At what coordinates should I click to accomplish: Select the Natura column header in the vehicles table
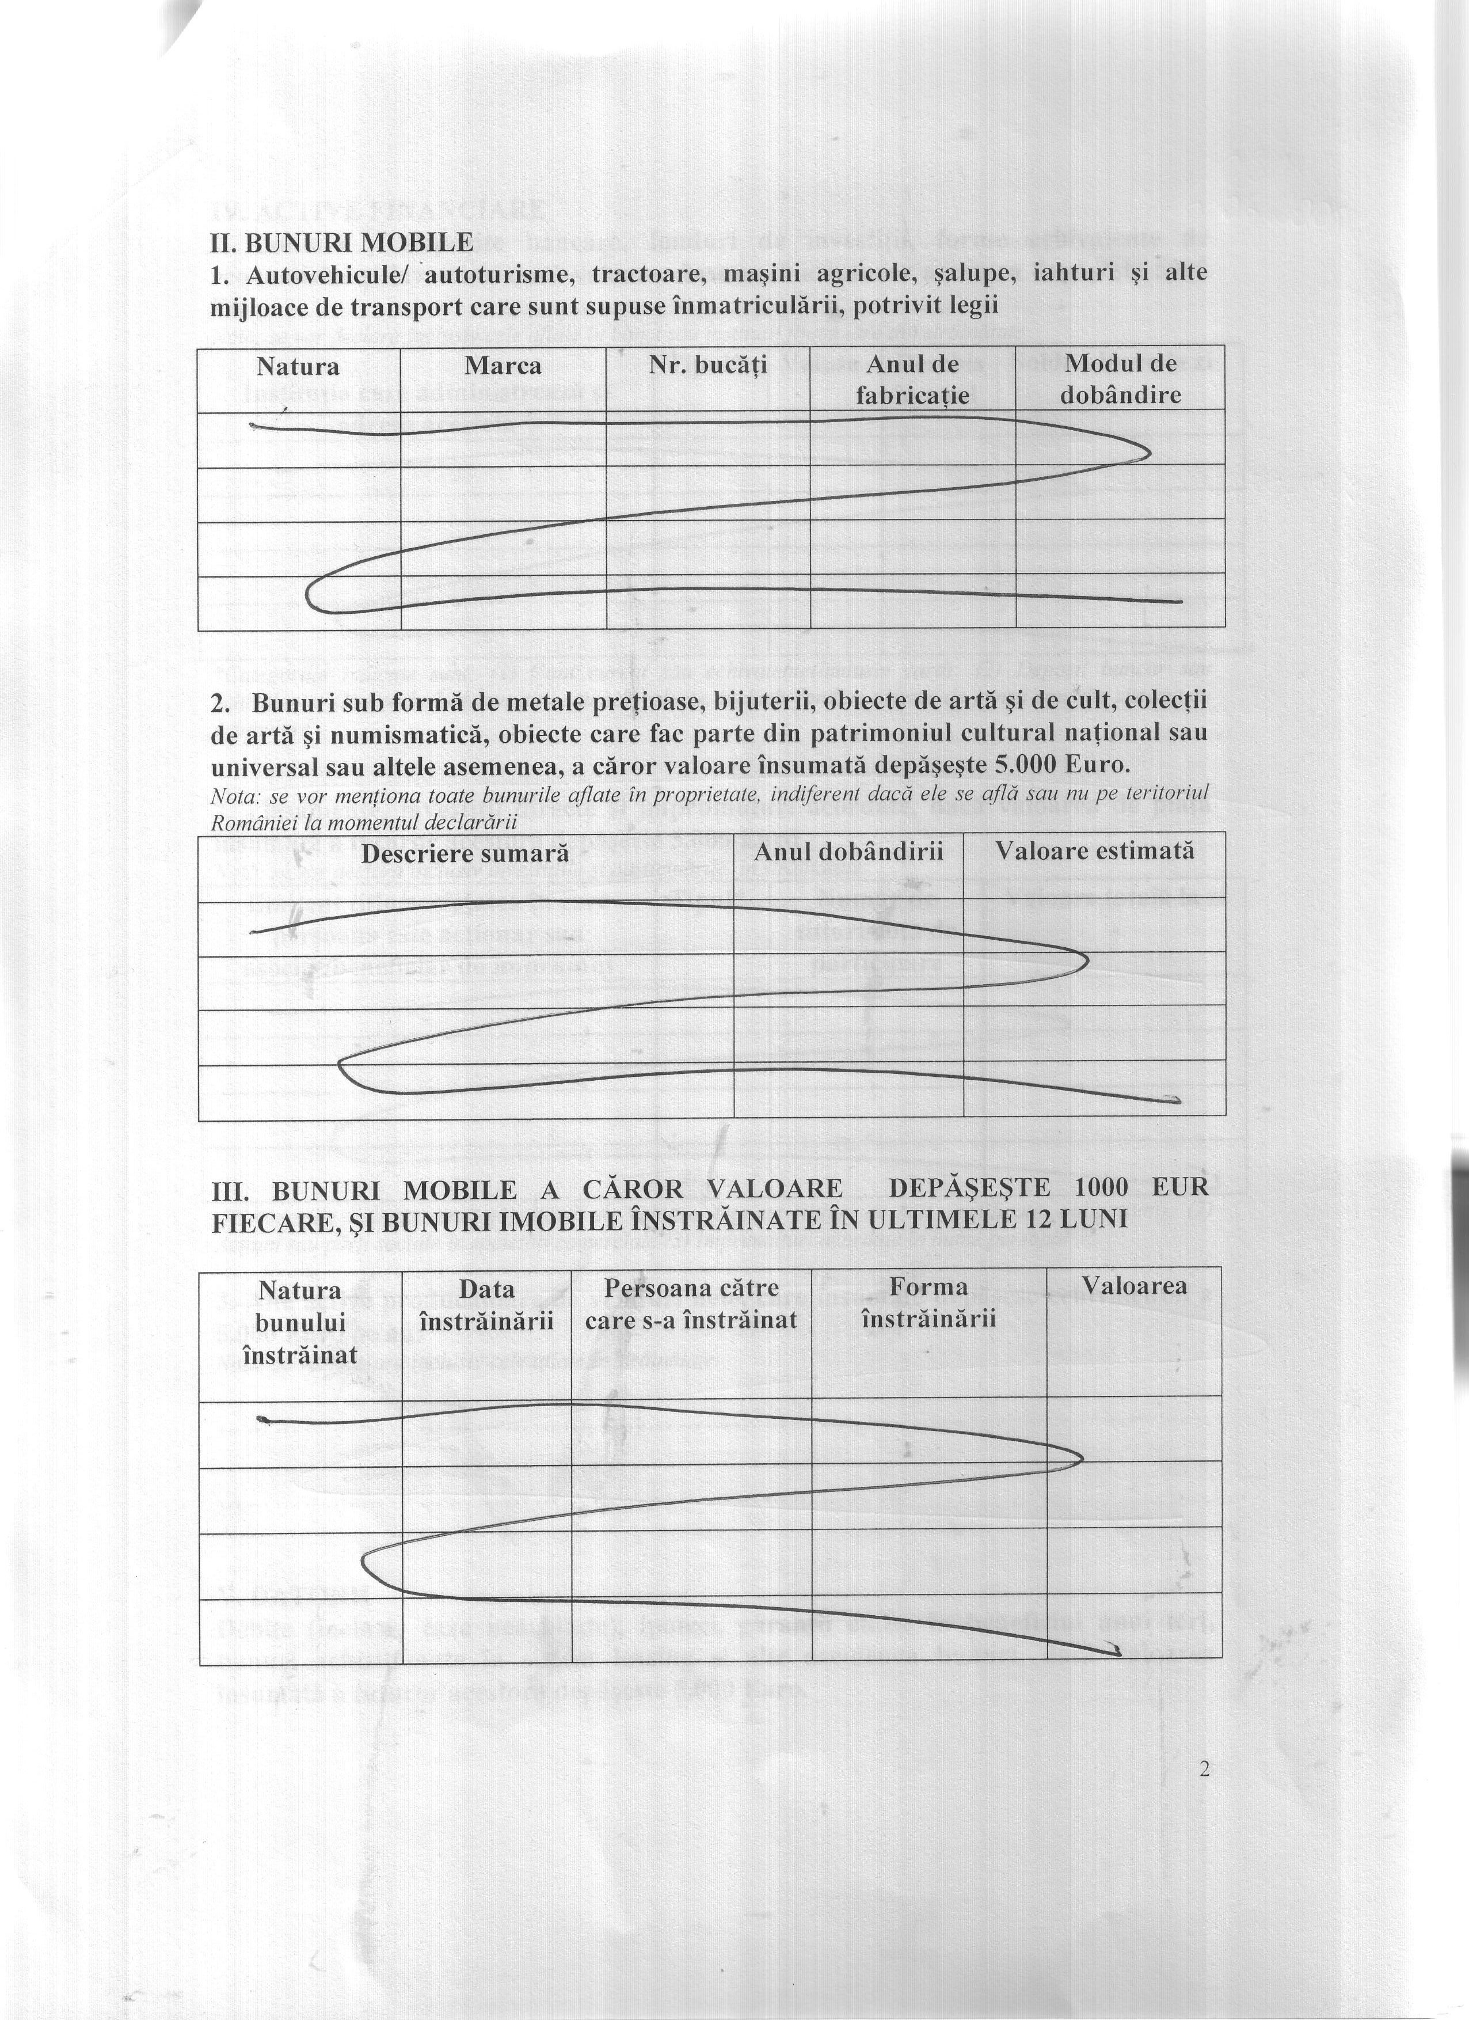(x=298, y=366)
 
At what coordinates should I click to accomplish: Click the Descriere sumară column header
(x=465, y=852)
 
